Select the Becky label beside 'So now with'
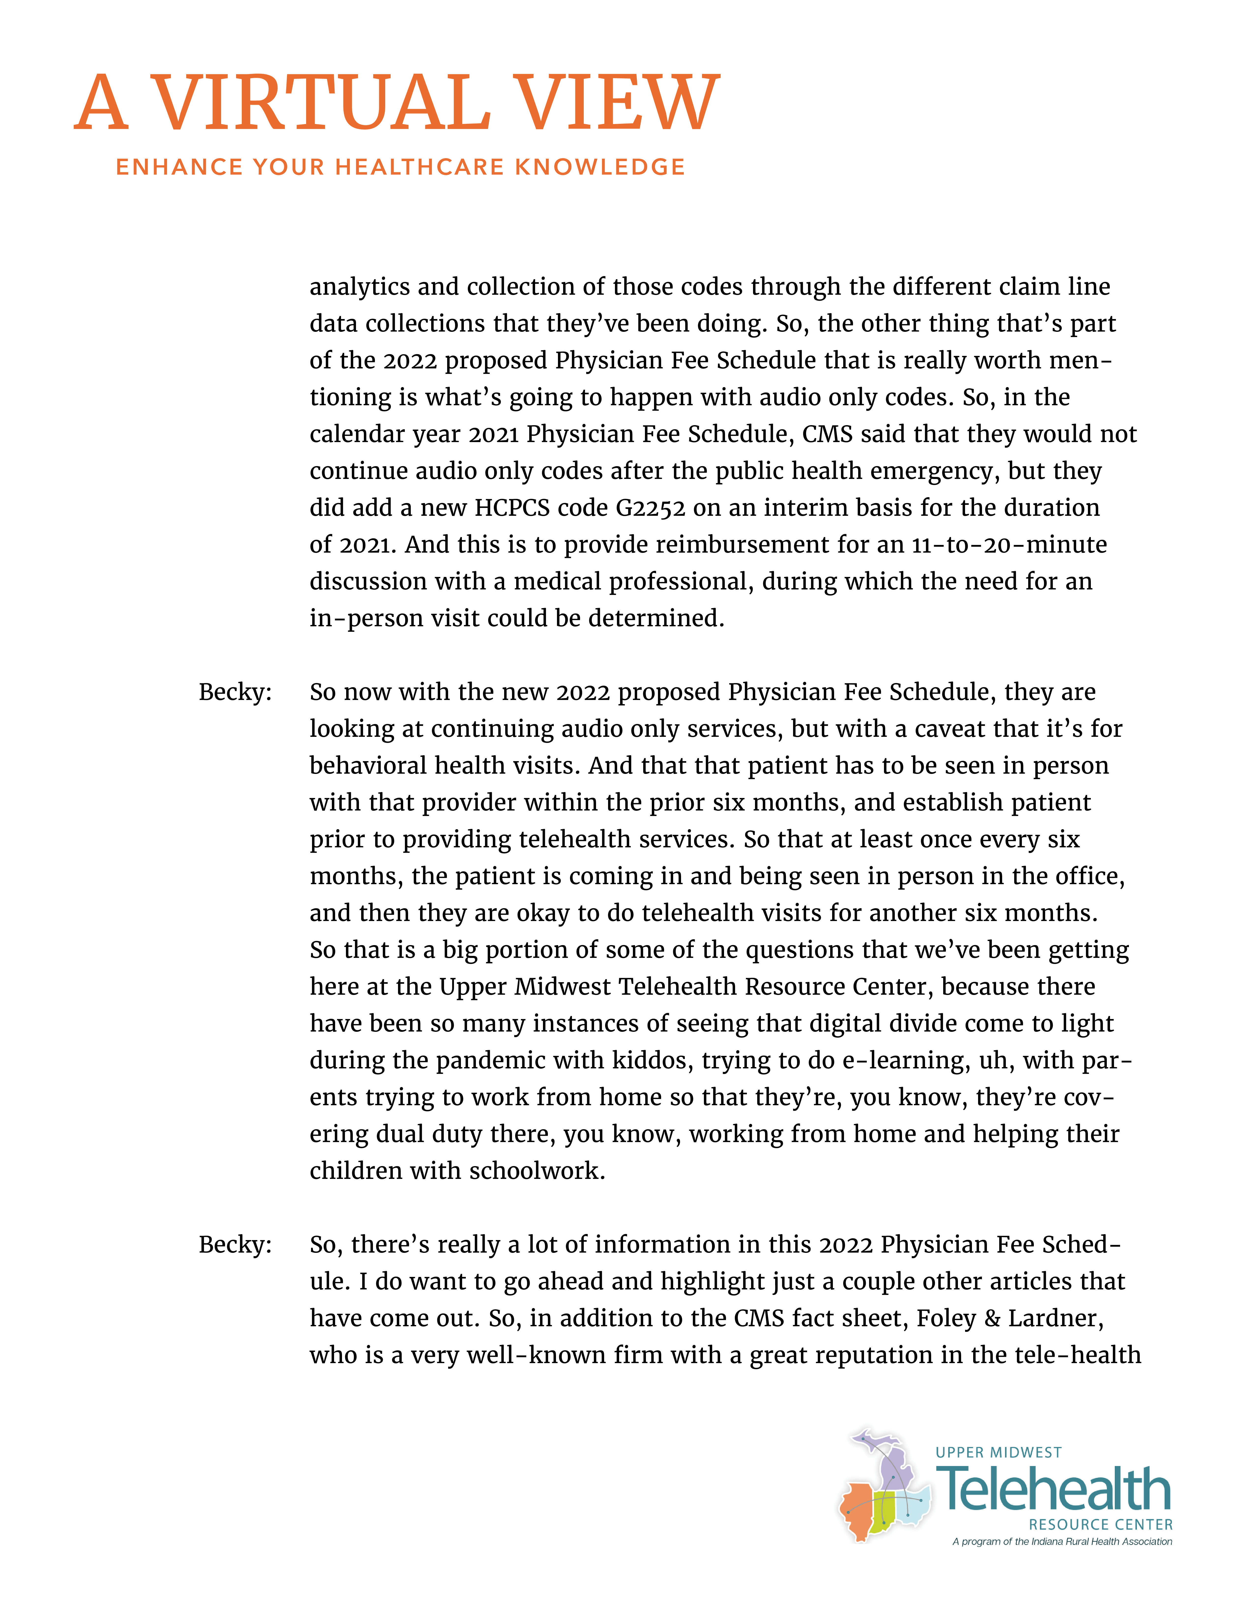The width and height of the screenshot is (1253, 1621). point(235,692)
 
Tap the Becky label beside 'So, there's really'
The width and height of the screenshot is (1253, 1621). point(235,1245)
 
